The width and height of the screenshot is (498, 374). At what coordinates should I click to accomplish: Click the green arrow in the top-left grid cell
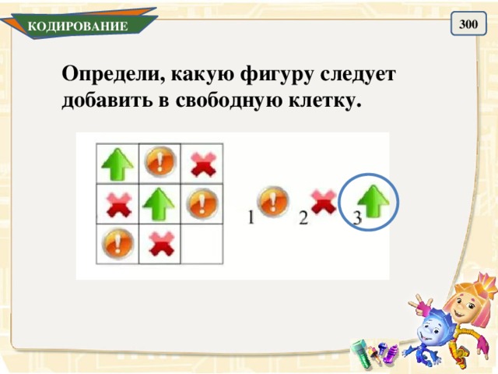(x=117, y=164)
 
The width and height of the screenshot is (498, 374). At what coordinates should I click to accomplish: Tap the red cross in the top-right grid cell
(x=202, y=164)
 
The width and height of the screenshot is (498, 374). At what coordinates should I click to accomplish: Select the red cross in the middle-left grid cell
(x=117, y=205)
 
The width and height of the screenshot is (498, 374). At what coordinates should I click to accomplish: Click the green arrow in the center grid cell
(x=160, y=205)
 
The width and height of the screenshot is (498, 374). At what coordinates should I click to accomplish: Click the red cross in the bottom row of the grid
(x=160, y=245)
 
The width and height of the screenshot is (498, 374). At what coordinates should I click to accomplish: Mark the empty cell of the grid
(x=202, y=245)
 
